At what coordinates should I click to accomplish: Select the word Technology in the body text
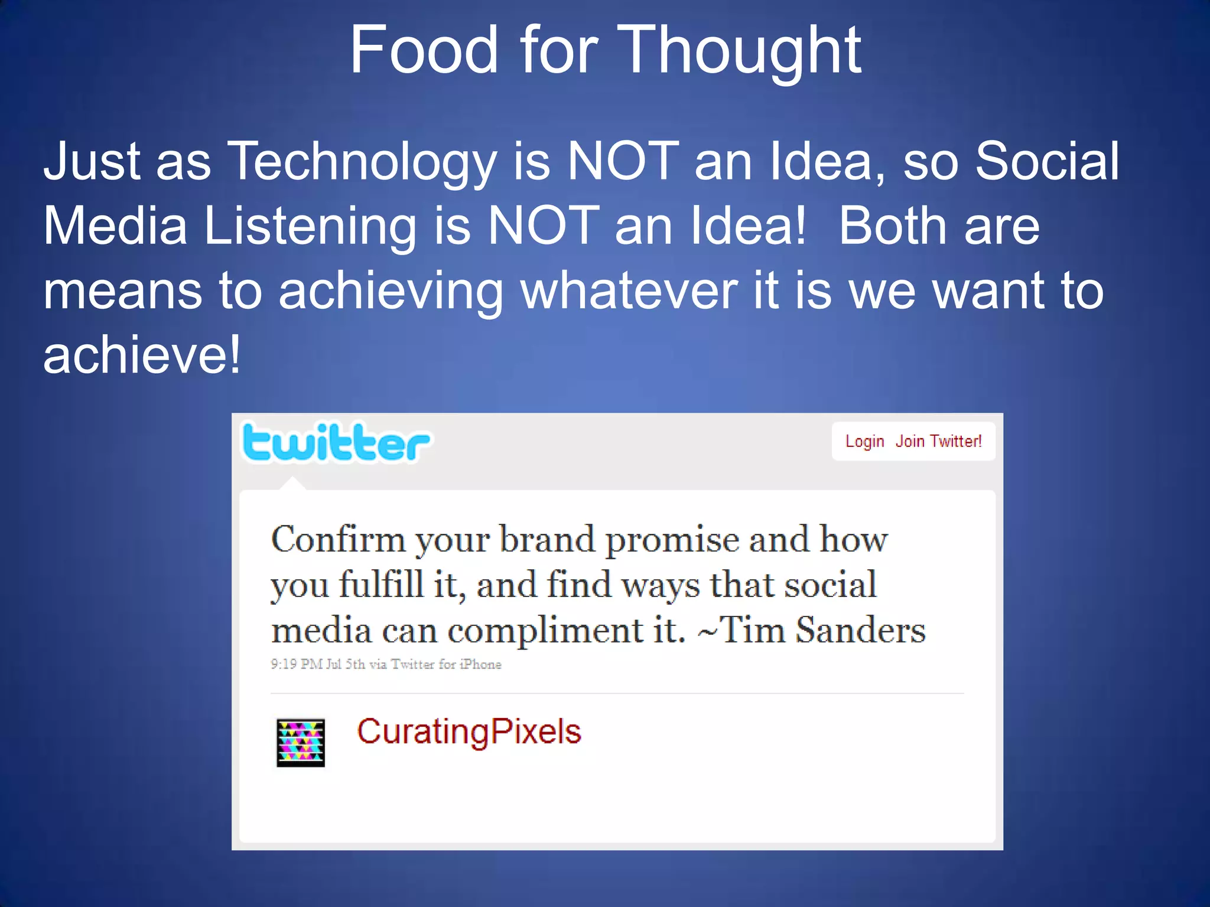click(x=362, y=162)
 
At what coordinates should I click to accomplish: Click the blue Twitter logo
click(x=336, y=443)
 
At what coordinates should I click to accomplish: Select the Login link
click(x=864, y=442)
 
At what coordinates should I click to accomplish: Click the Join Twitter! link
click(x=938, y=442)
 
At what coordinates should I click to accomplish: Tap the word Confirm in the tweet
click(x=338, y=540)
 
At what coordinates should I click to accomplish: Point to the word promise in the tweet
click(x=672, y=541)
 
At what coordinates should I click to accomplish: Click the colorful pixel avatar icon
click(x=301, y=743)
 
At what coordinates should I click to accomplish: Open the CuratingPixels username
click(x=469, y=732)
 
